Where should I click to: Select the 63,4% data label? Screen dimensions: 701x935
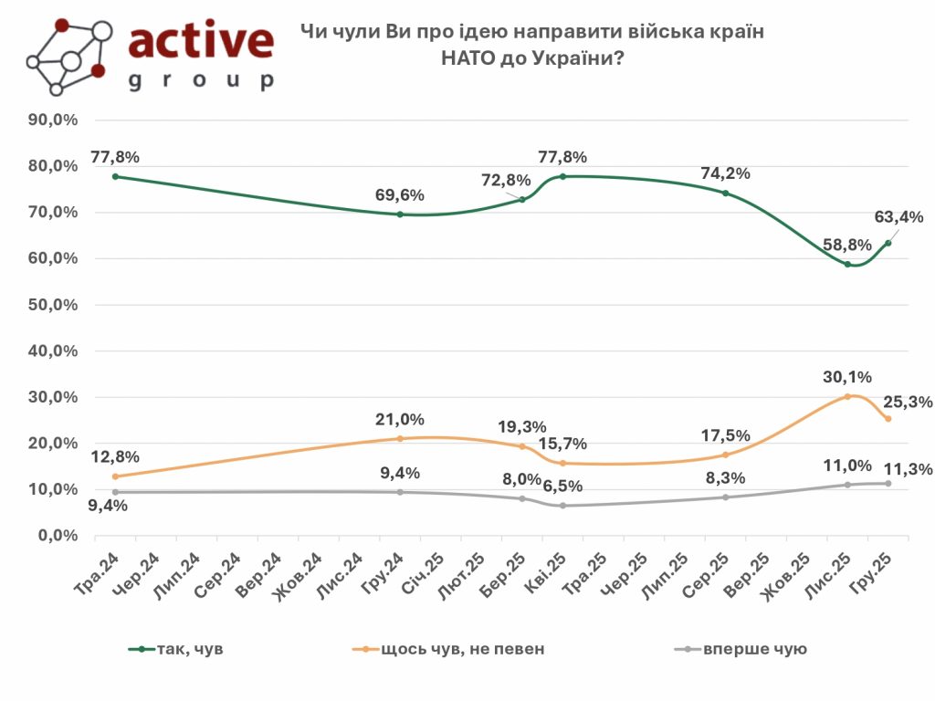898,217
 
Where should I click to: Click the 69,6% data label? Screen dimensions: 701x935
399,194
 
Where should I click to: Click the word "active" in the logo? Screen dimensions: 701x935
201,41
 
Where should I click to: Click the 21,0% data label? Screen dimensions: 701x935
399,419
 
